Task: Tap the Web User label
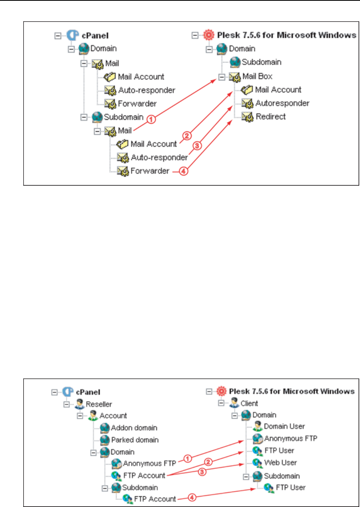280,462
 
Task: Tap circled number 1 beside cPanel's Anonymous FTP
188,458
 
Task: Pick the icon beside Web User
257,462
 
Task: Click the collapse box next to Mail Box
222,76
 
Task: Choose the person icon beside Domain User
257,426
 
